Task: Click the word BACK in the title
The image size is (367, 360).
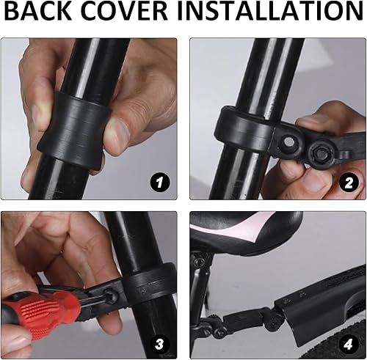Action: click(x=37, y=11)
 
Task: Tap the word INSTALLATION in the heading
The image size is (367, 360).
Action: click(x=270, y=11)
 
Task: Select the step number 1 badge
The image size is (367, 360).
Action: click(x=160, y=182)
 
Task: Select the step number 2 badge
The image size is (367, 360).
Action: click(x=349, y=182)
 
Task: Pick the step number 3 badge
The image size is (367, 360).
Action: click(x=160, y=344)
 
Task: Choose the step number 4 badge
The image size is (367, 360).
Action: click(x=349, y=344)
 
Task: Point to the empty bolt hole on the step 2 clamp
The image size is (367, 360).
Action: click(x=288, y=141)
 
